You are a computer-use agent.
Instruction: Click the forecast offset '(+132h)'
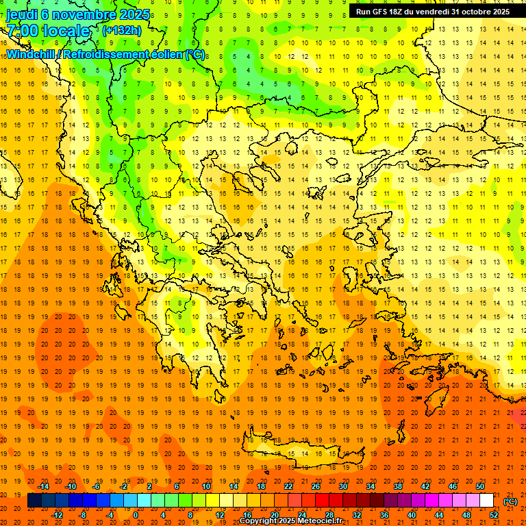(122, 30)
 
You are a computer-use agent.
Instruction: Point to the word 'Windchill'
(31, 54)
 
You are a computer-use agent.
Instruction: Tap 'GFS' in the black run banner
(383, 12)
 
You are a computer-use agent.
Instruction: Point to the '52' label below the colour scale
(494, 515)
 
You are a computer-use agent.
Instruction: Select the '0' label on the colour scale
(136, 515)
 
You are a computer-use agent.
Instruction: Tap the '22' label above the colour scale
(288, 486)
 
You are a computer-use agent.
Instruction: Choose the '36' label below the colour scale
(384, 515)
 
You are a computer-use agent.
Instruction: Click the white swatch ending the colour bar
(487, 501)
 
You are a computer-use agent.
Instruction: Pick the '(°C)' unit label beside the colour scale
(510, 501)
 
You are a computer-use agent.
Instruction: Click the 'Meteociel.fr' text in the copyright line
(320, 521)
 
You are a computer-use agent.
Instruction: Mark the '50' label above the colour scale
(480, 486)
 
